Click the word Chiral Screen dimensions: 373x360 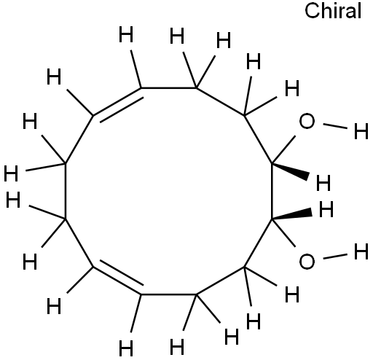[333, 11]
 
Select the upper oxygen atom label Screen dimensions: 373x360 [307, 121]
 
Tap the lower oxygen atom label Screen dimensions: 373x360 [307, 262]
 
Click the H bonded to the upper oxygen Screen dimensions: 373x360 [361, 131]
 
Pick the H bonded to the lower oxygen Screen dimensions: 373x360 [361, 252]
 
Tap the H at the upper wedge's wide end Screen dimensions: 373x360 [323, 183]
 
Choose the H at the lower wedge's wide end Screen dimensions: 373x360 [326, 209]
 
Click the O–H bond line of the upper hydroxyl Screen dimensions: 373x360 [335, 126]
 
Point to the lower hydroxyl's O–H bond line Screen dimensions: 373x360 [335, 257]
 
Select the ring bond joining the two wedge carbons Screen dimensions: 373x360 [272, 191]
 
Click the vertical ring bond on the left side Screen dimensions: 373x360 [65, 191]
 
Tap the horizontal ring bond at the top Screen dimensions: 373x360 [169, 87]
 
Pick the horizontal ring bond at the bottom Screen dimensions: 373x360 [169, 294]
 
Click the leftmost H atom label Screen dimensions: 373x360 [11, 173]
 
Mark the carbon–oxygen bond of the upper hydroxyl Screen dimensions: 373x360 [283, 149]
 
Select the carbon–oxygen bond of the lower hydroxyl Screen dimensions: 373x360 [283, 233]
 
